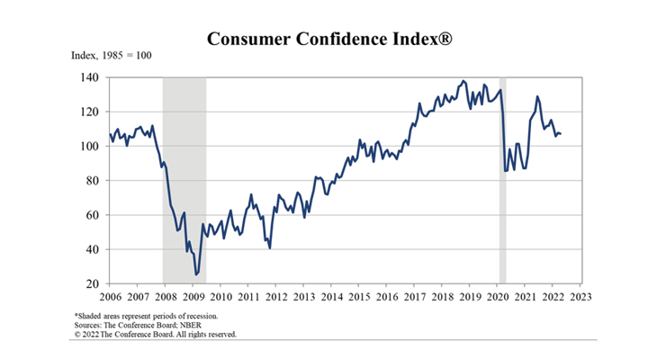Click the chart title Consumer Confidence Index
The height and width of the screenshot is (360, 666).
332,39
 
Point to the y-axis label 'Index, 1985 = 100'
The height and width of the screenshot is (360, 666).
112,56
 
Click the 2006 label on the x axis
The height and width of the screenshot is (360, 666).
110,296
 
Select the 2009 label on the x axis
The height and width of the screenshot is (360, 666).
193,296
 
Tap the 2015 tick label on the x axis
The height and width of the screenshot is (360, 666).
358,296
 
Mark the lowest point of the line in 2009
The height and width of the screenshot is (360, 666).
196,274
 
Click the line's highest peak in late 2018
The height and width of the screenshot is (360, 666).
463,81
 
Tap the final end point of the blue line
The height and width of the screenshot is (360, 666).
561,134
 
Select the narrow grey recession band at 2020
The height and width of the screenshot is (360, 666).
503,180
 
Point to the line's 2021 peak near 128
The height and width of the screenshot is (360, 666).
537,96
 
